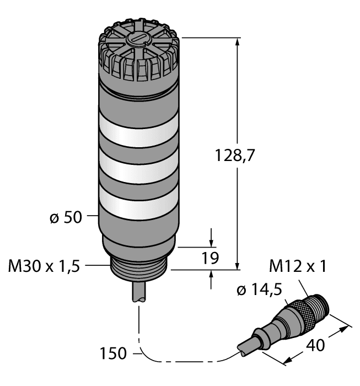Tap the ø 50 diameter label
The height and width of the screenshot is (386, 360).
point(63,217)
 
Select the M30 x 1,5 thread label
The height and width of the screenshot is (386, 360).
point(44,266)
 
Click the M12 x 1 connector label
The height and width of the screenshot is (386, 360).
point(298,266)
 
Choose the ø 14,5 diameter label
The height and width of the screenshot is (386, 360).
point(260,289)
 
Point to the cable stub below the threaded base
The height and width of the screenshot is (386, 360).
point(139,292)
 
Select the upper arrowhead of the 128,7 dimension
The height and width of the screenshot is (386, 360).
point(238,42)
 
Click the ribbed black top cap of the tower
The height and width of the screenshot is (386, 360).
point(138,55)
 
